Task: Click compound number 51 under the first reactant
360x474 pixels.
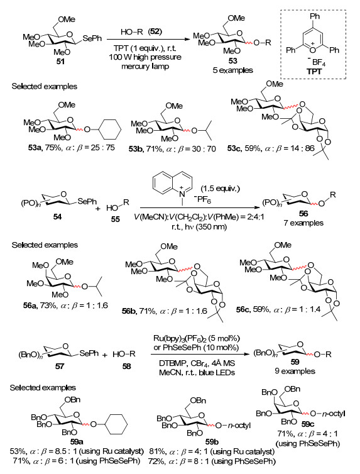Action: (60, 62)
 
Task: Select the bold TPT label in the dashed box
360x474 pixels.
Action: (314, 71)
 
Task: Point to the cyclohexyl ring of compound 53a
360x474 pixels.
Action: (109, 130)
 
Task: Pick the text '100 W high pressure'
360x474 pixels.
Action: (145, 57)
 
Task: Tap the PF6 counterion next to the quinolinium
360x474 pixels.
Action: (202, 199)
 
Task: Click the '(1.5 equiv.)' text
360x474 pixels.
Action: (220, 189)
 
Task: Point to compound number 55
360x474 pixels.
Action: (115, 219)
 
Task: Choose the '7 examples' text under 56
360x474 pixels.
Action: (303, 223)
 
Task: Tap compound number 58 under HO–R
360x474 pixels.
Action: (126, 366)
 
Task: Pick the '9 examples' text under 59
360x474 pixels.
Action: (295, 371)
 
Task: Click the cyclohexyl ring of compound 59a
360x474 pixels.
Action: (116, 424)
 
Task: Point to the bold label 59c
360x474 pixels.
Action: (307, 424)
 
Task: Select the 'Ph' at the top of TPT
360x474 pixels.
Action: (315, 16)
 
